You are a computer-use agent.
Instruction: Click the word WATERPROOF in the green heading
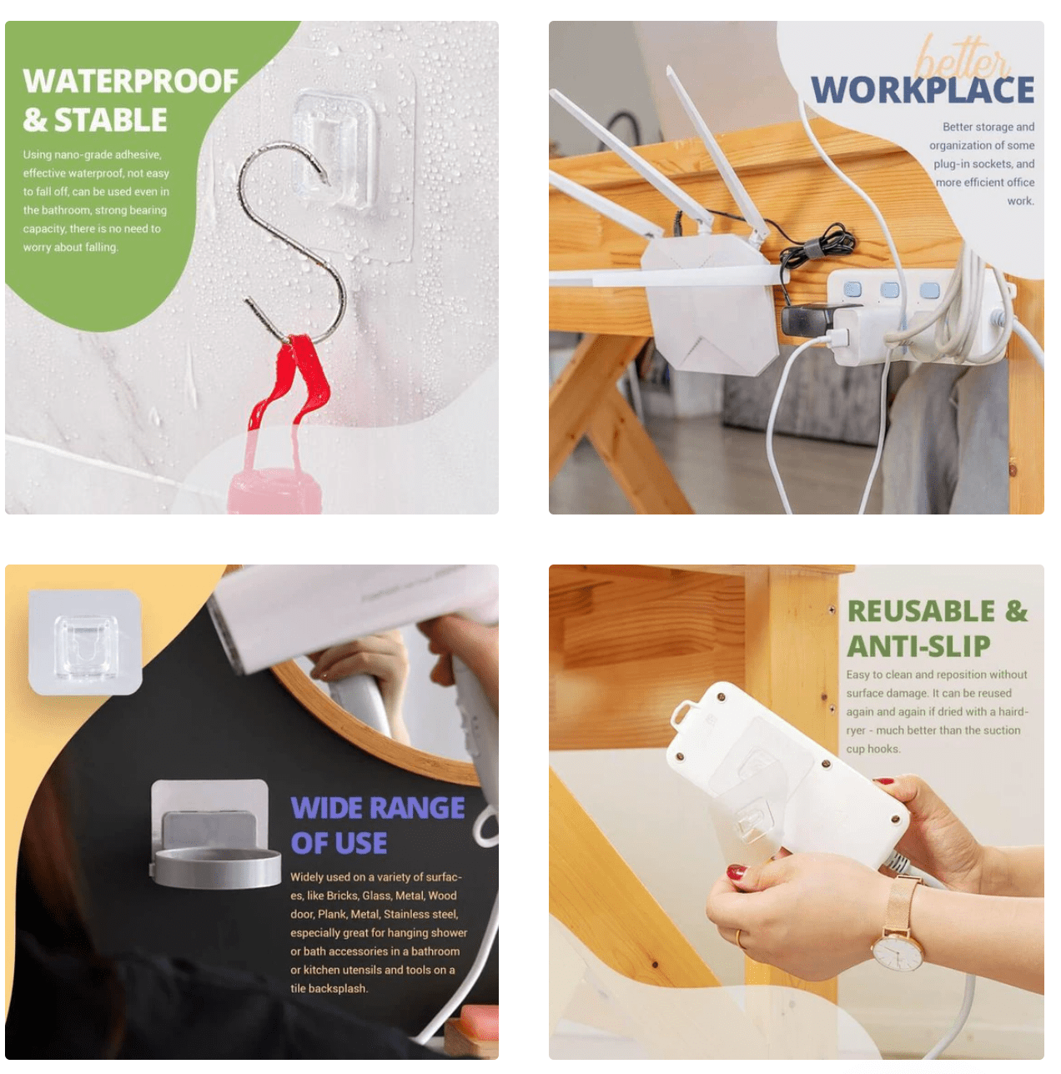coord(130,82)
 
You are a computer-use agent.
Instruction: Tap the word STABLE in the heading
coord(110,120)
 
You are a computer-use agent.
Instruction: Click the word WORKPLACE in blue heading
coord(923,90)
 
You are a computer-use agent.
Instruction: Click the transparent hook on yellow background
coord(85,642)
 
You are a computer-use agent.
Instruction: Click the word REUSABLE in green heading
coord(921,611)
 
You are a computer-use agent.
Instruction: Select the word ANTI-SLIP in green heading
coord(918,646)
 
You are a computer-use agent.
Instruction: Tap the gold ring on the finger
coord(739,939)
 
